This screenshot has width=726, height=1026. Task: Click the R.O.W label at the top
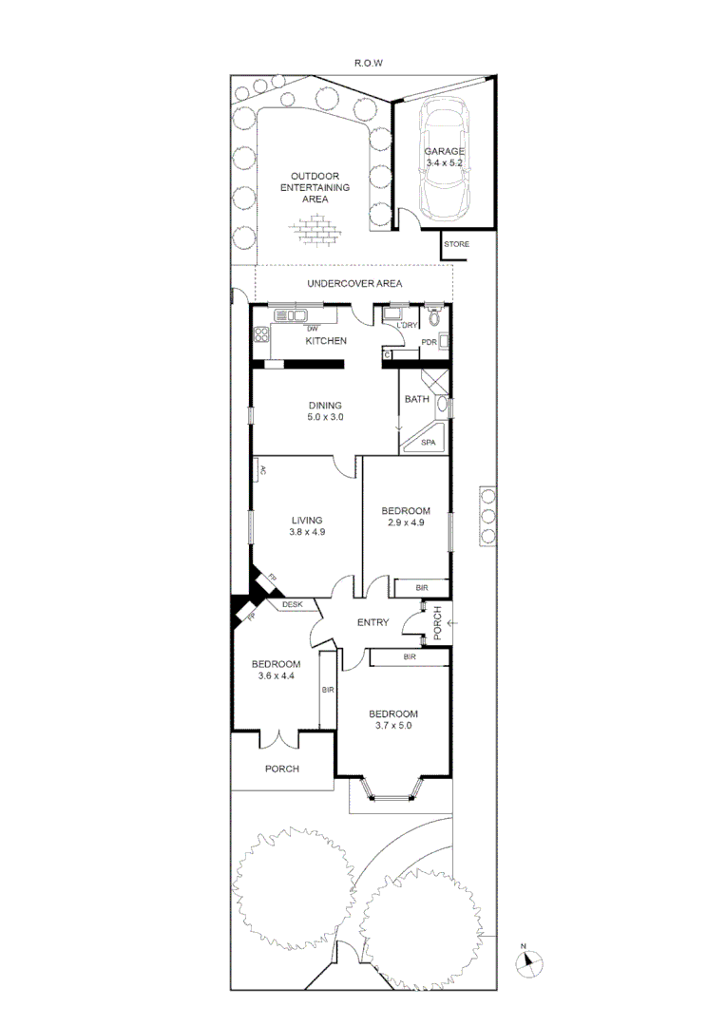(x=368, y=63)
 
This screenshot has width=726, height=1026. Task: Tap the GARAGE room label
(x=444, y=152)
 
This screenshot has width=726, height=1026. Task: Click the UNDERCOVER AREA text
(x=354, y=284)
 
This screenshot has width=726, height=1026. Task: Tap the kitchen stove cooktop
(x=261, y=334)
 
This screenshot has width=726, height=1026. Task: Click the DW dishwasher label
(x=311, y=329)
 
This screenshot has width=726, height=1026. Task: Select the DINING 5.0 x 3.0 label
(x=324, y=411)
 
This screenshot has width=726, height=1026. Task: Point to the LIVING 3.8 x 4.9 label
(x=307, y=526)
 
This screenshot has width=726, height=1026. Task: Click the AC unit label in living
(x=260, y=469)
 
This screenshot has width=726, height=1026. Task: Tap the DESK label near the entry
(x=291, y=603)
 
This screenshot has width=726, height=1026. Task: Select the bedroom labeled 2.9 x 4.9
(x=406, y=517)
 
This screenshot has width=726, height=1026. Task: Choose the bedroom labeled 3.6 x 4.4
(x=276, y=670)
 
